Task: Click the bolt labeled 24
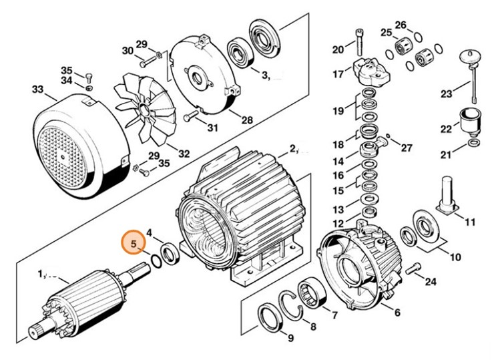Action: click(x=412, y=269)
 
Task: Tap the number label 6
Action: click(x=397, y=313)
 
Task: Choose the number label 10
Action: click(x=455, y=256)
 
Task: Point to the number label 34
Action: click(x=66, y=81)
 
